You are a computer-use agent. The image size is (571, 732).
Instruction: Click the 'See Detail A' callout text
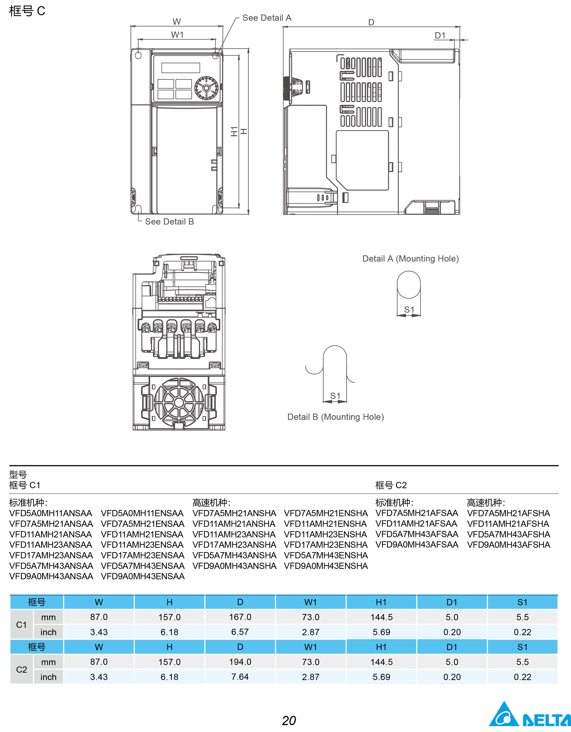267,18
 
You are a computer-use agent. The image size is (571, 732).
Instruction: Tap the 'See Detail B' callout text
169,222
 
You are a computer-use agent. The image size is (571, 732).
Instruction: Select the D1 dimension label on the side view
440,35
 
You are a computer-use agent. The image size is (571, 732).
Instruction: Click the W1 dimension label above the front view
177,35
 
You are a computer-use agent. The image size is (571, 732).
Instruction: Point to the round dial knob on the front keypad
206,88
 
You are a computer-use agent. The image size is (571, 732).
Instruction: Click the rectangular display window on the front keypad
181,68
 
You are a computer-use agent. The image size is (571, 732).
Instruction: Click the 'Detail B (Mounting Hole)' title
335,417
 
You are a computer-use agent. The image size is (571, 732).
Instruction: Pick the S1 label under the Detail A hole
409,310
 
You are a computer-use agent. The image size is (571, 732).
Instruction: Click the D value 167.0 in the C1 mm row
240,617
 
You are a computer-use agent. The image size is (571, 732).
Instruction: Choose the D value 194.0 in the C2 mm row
240,662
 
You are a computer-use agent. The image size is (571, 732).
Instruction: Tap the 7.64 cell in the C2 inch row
240,677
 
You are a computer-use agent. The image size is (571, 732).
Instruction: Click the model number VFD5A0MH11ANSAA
50,513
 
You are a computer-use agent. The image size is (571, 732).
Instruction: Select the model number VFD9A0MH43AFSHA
508,545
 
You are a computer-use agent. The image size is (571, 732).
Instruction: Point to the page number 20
289,720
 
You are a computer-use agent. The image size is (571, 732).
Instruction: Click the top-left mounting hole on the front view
138,55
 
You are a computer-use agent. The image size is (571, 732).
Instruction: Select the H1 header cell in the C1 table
381,602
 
